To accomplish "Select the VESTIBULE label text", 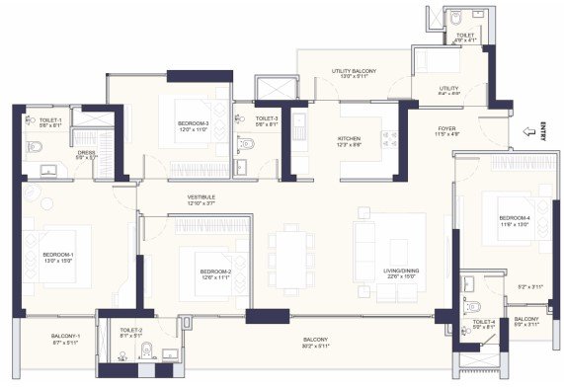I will [201, 197].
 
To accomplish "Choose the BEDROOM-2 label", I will [214, 272].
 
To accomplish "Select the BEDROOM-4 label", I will [515, 217].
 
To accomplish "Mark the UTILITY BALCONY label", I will [354, 71].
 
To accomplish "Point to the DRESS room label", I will [86, 153].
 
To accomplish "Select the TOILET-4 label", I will [484, 322].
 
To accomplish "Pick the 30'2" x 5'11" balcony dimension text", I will [316, 349].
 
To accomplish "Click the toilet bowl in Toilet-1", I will [34, 147].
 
